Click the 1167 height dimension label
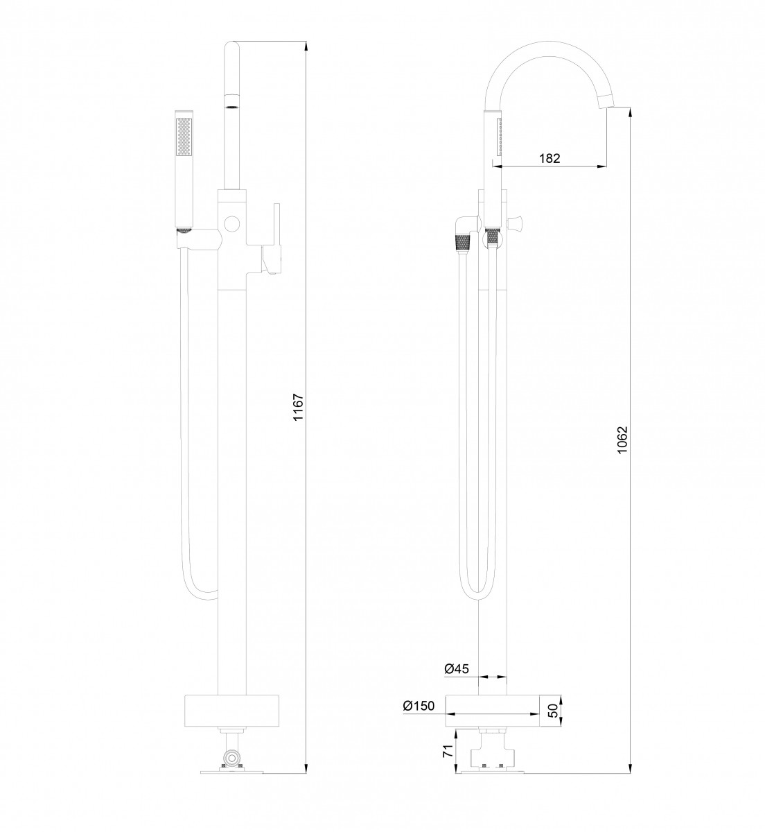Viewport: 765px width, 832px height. pyautogui.click(x=298, y=407)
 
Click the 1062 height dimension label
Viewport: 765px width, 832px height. pyautogui.click(x=623, y=439)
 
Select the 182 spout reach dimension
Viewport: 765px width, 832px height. pyautogui.click(x=549, y=158)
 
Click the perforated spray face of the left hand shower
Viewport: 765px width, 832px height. pyautogui.click(x=184, y=136)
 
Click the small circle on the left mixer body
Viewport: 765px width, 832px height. pyautogui.click(x=231, y=223)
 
